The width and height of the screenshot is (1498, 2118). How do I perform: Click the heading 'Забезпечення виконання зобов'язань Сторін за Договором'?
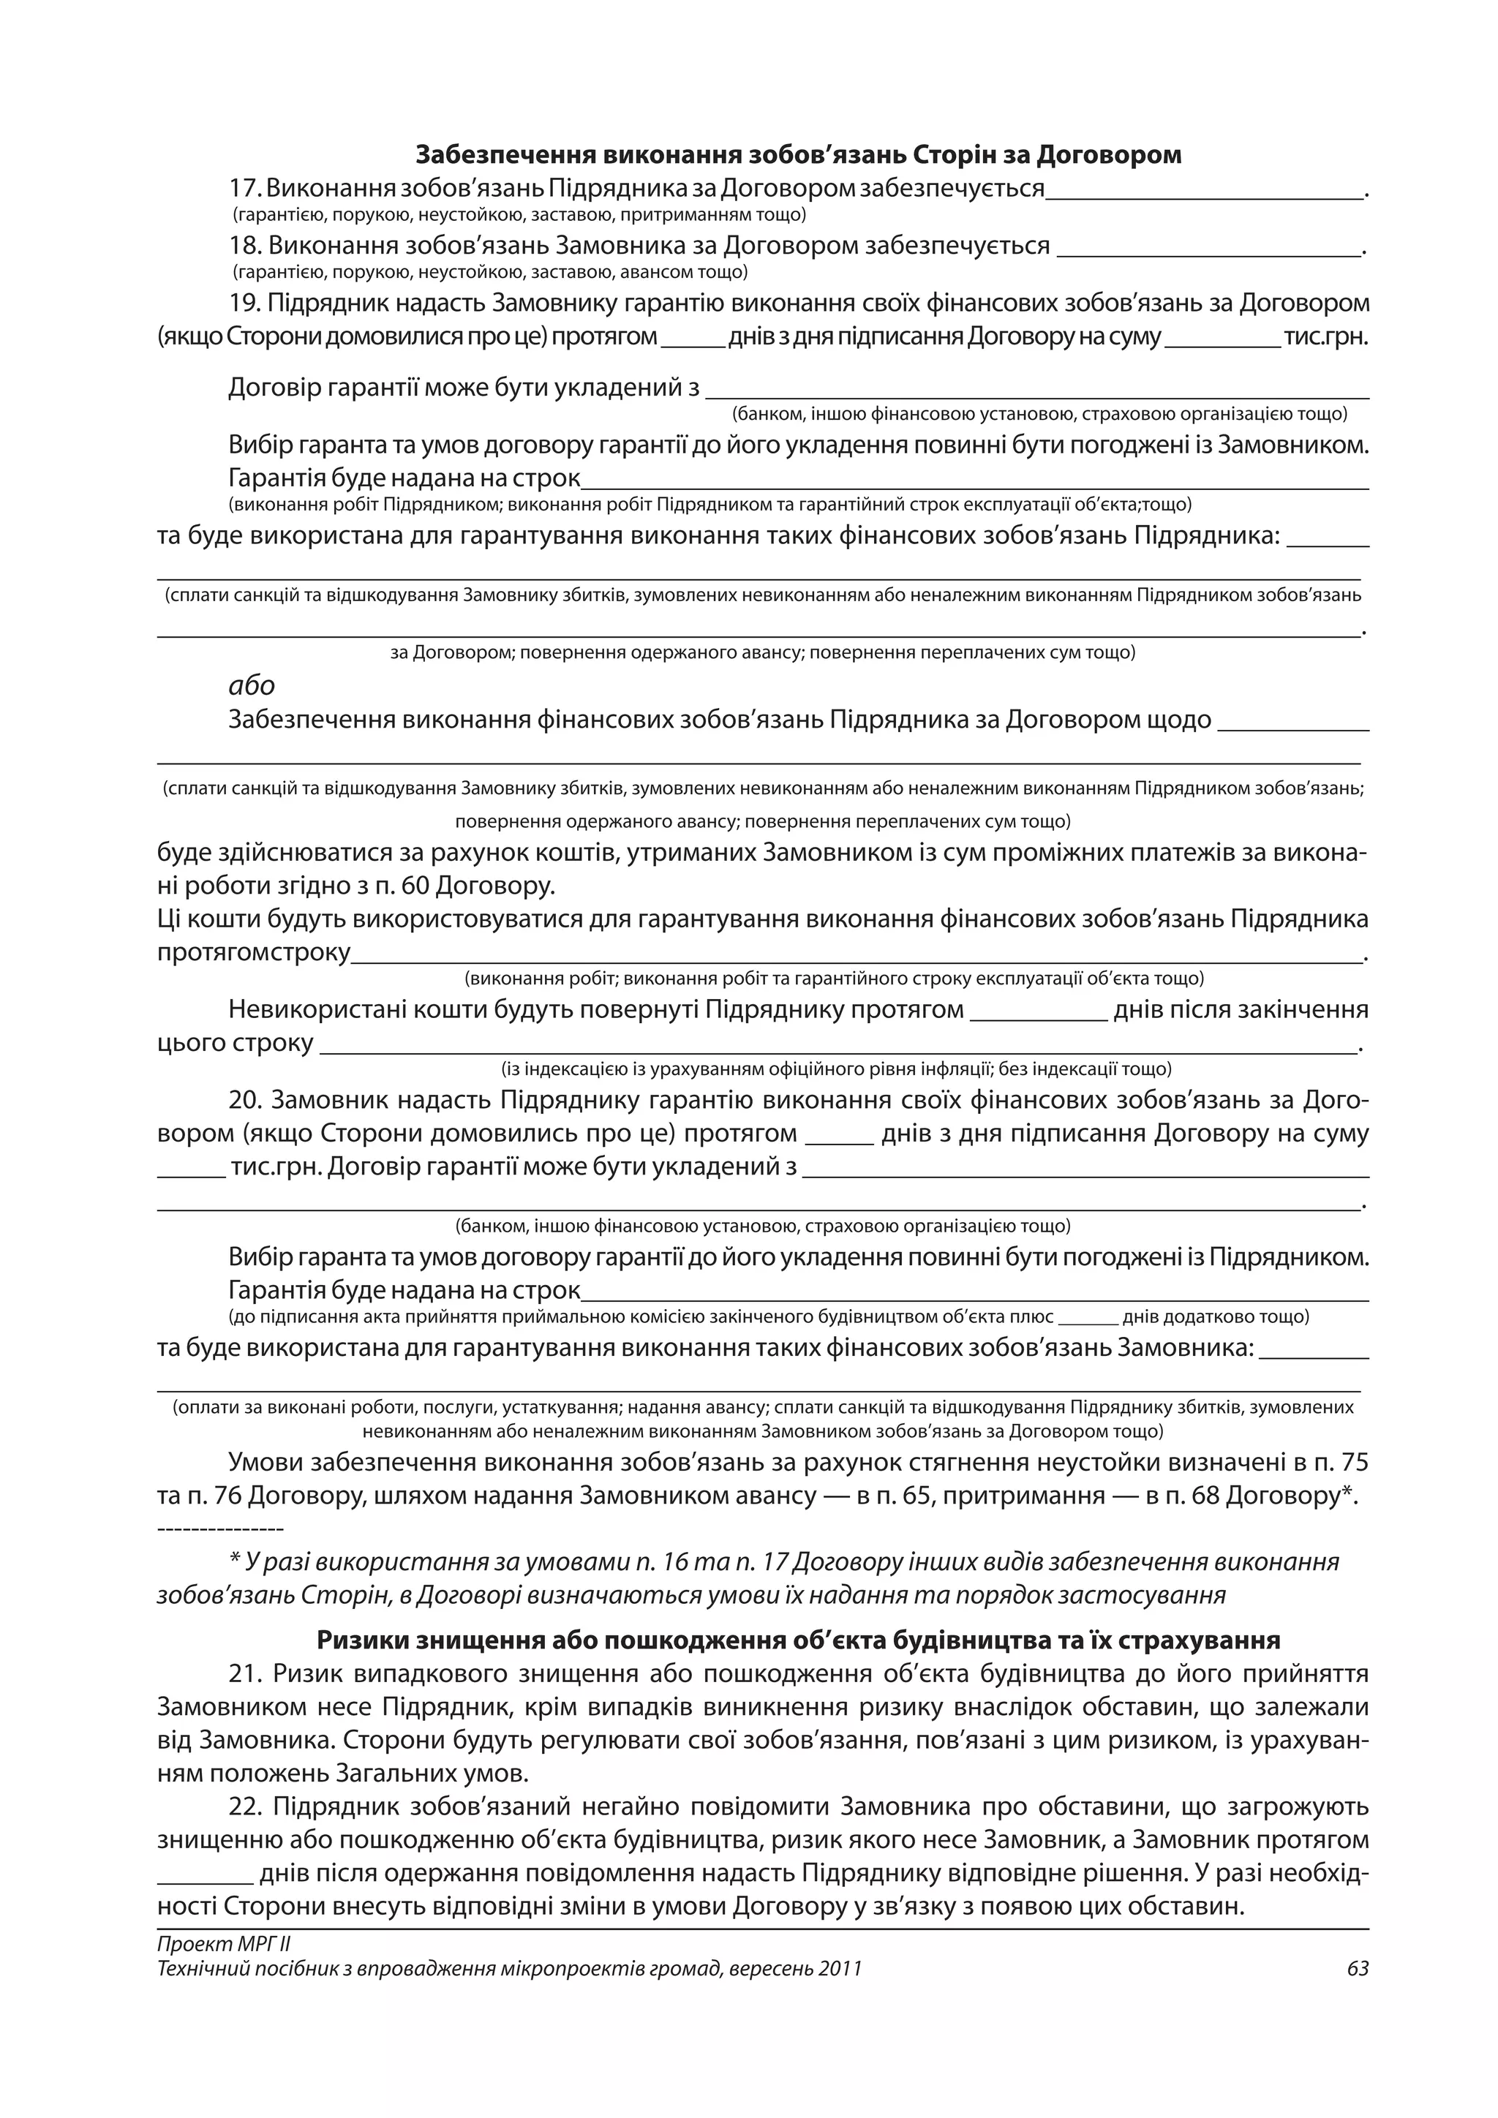click(x=798, y=154)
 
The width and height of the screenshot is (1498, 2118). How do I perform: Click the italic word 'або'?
click(x=251, y=685)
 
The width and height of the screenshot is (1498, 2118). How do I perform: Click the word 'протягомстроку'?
click(x=254, y=953)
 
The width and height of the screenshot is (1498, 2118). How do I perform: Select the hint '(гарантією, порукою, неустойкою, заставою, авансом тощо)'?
click(x=490, y=272)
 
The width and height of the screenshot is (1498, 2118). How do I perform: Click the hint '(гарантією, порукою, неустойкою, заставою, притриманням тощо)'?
click(x=519, y=215)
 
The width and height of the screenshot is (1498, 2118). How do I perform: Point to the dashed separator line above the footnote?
click(x=220, y=1529)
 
